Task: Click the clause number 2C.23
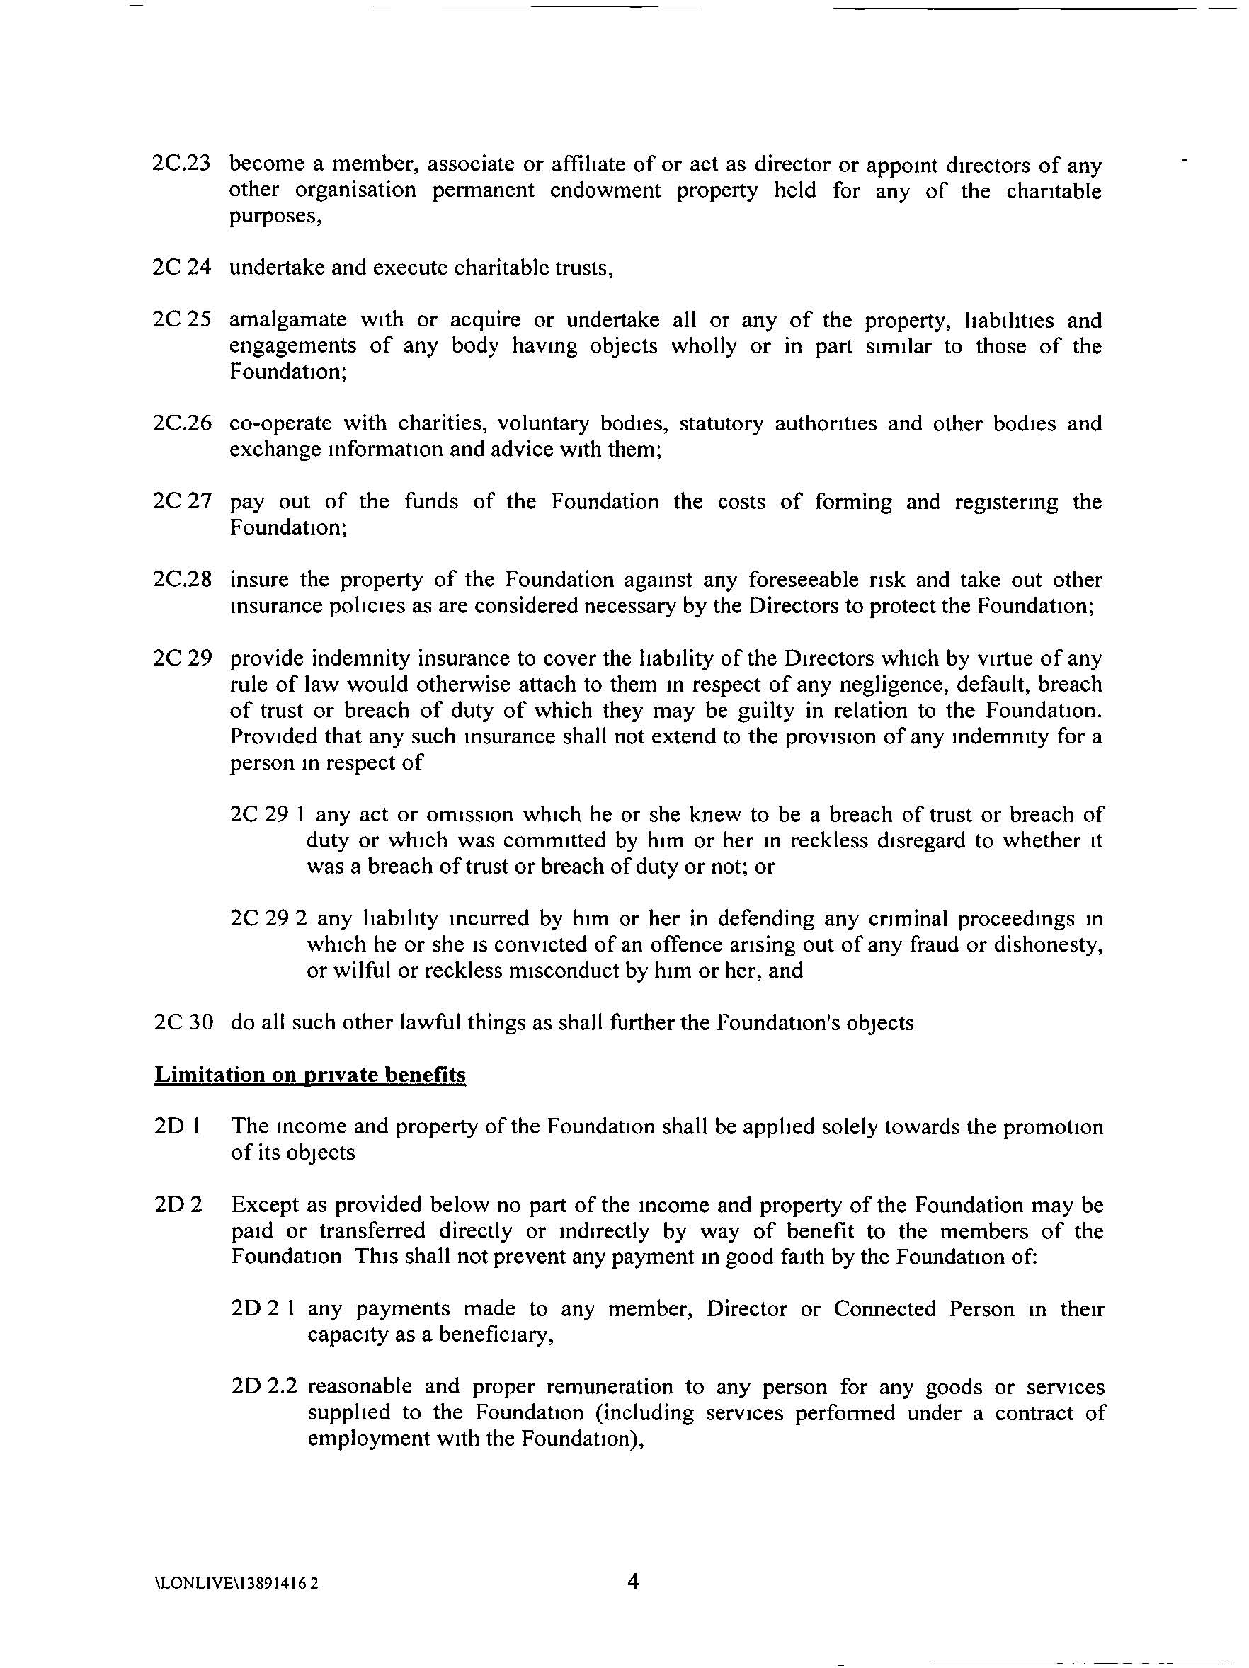(x=181, y=164)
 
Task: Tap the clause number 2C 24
(x=181, y=268)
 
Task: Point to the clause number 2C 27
(x=181, y=502)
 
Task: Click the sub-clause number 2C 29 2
(x=268, y=918)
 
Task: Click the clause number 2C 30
(x=182, y=1022)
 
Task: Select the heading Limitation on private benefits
(x=310, y=1075)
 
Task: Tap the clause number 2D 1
(x=176, y=1126)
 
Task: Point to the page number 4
(x=633, y=1580)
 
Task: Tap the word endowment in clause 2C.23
(x=605, y=190)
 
